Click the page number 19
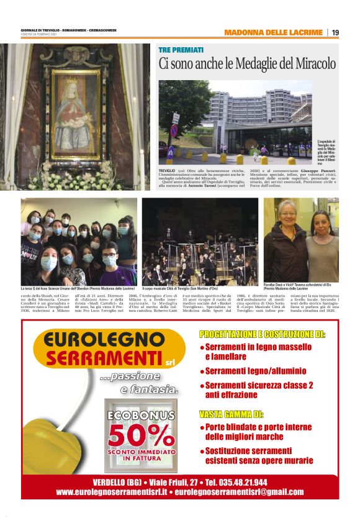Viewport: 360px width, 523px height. (x=335, y=32)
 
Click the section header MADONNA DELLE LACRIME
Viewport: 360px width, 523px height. (x=273, y=32)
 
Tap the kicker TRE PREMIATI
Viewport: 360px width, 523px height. (x=181, y=50)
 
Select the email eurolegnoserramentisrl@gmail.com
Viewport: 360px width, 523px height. (x=239, y=492)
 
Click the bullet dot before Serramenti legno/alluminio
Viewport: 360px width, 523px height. (x=202, y=371)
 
